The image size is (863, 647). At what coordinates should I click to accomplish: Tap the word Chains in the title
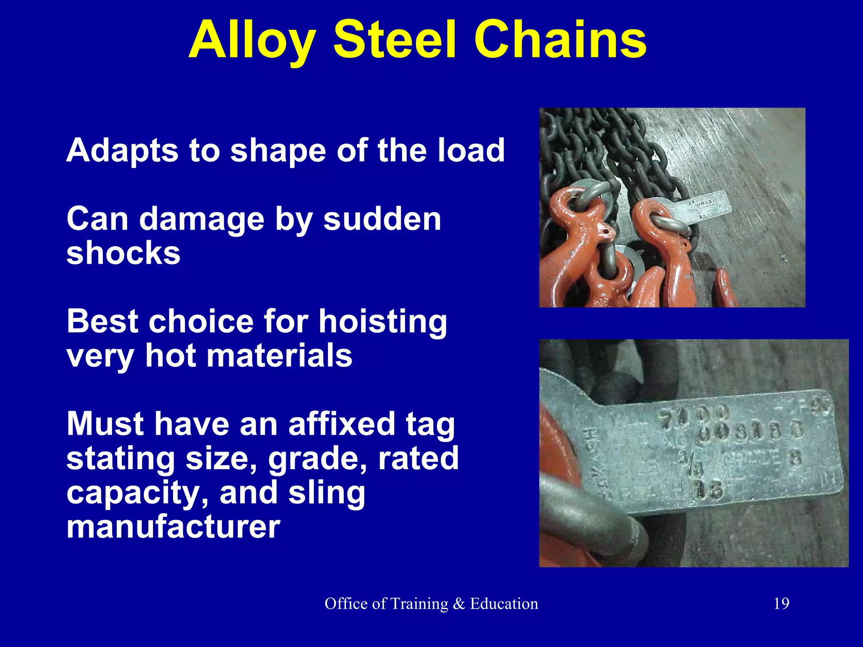[560, 40]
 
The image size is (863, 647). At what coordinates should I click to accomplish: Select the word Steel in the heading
[395, 40]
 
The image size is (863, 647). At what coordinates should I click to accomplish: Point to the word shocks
[123, 253]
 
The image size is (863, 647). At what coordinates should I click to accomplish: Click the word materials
[279, 356]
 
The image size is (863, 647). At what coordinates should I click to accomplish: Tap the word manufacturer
[173, 527]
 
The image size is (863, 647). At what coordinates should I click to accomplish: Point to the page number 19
[781, 604]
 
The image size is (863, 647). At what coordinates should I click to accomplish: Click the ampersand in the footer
[459, 604]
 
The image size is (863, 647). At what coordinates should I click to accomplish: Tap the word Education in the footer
[504, 604]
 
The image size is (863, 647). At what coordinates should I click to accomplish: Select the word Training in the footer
[419, 604]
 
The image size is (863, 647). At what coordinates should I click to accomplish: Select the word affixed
[342, 424]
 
